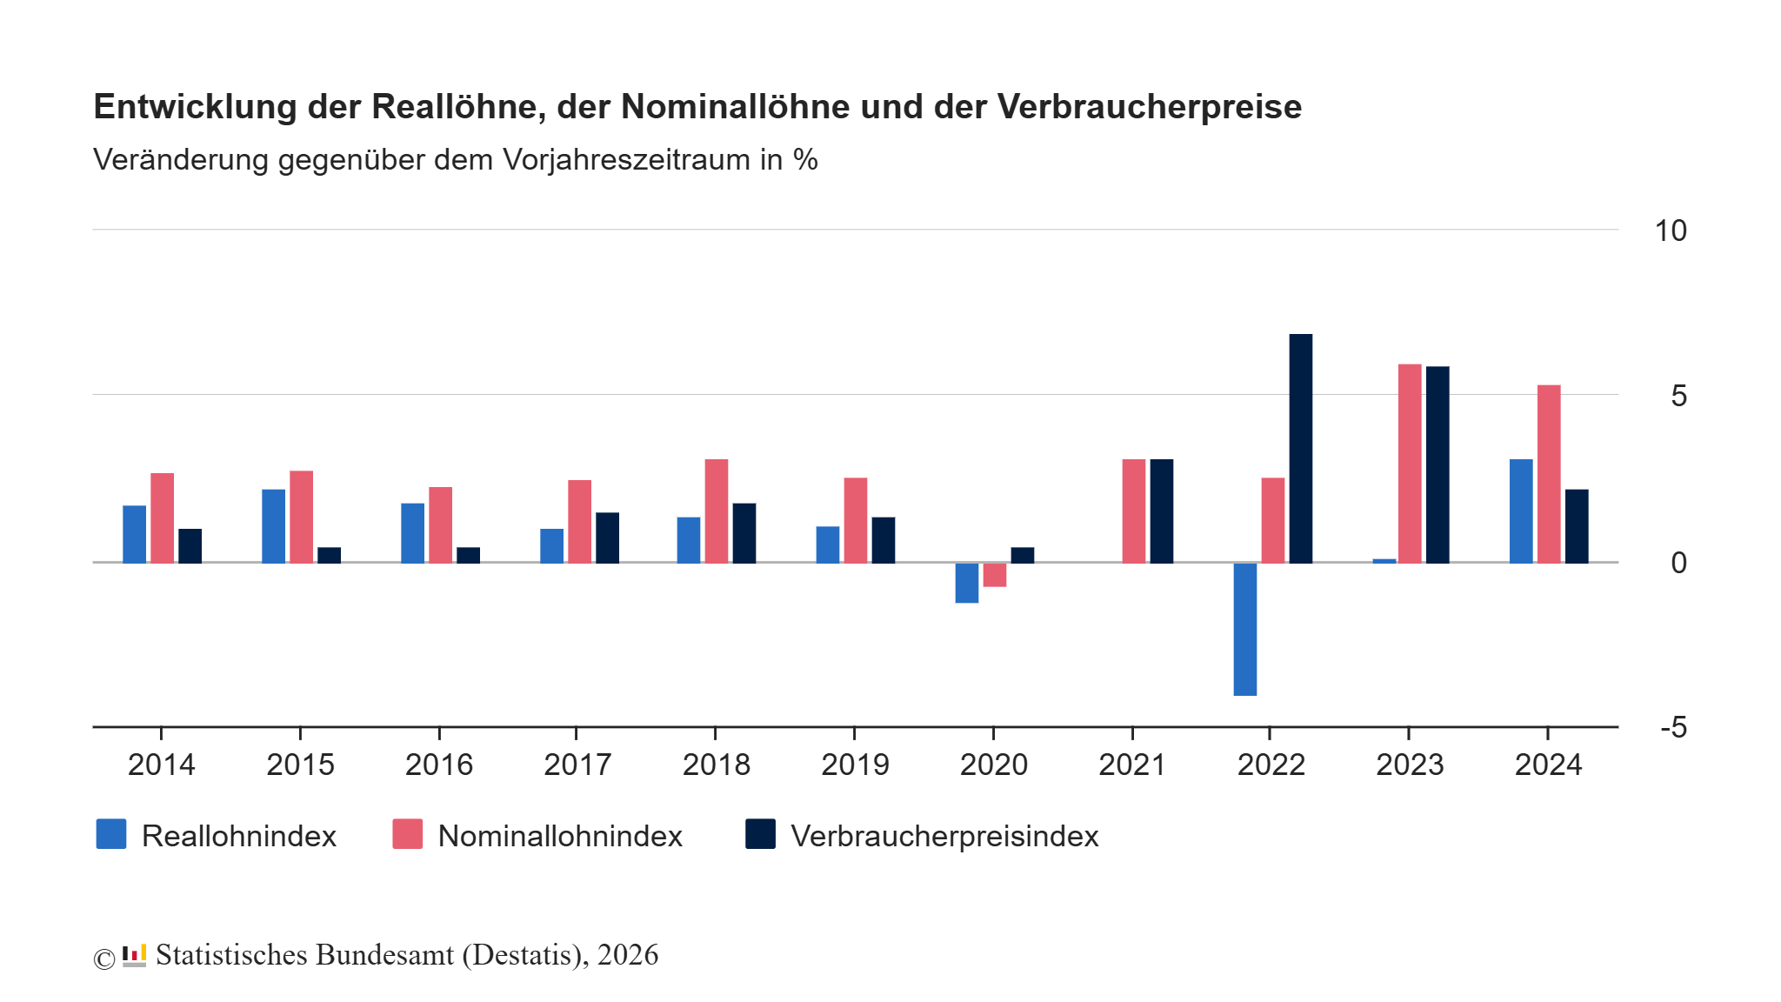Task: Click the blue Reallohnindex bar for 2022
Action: pyautogui.click(x=1244, y=629)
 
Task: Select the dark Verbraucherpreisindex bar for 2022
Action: pyautogui.click(x=1300, y=448)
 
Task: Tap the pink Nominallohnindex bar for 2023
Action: pyautogui.click(x=1410, y=464)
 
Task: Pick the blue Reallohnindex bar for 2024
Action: pyautogui.click(x=1521, y=511)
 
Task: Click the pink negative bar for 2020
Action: pyautogui.click(x=995, y=575)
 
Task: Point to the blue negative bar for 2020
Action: pyautogui.click(x=966, y=583)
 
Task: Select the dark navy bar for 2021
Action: pyautogui.click(x=1161, y=511)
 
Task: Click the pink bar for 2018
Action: pyautogui.click(x=717, y=511)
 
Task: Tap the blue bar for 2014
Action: pyautogui.click(x=134, y=534)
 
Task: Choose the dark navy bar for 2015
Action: pyautogui.click(x=329, y=555)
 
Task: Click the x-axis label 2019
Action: pyautogui.click(x=855, y=765)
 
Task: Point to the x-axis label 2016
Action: pyautogui.click(x=438, y=765)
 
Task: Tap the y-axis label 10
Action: pyautogui.click(x=1670, y=231)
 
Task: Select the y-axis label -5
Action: pyautogui.click(x=1673, y=727)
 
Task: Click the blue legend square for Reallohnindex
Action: pyautogui.click(x=111, y=834)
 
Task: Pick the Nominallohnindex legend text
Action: pyautogui.click(x=560, y=836)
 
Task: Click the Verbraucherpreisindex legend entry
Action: pyautogui.click(x=944, y=836)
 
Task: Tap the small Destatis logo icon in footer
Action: pyautogui.click(x=134, y=955)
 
